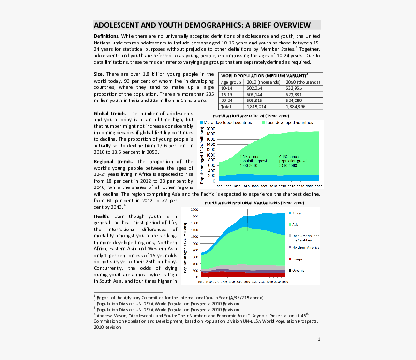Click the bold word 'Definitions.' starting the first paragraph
pyautogui.click(x=106, y=36)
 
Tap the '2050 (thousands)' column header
pyautogui.click(x=303, y=83)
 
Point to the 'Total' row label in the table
pyautogui.click(x=226, y=106)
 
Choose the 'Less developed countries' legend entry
pyautogui.click(x=290, y=123)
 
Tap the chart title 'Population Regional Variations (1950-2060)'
pyautogui.click(x=254, y=203)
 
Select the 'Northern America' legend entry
pyautogui.click(x=305, y=248)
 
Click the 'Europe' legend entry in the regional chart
pyautogui.click(x=297, y=259)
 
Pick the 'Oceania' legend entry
pyautogui.click(x=298, y=270)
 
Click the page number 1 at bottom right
pyautogui.click(x=319, y=339)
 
